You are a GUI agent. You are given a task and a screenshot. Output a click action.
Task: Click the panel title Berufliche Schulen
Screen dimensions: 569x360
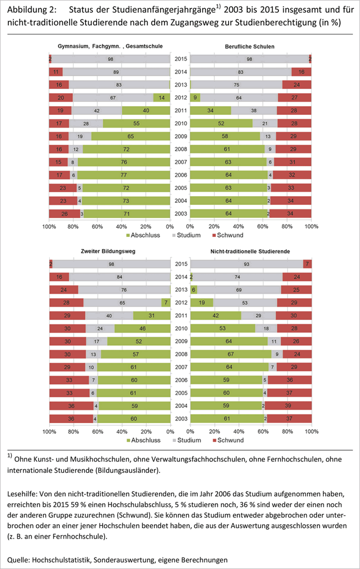coord(251,47)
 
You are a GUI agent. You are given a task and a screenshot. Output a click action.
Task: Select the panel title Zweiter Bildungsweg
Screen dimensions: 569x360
coord(109,251)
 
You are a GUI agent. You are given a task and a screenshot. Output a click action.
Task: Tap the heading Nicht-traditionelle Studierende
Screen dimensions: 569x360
coord(251,251)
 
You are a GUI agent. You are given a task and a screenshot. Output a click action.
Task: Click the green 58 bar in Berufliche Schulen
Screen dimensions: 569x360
coord(225,136)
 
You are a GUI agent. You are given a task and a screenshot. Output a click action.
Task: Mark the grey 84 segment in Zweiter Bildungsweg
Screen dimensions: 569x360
coord(119,277)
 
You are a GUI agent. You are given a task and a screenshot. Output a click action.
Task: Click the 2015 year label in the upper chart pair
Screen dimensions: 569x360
coord(180,59)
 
